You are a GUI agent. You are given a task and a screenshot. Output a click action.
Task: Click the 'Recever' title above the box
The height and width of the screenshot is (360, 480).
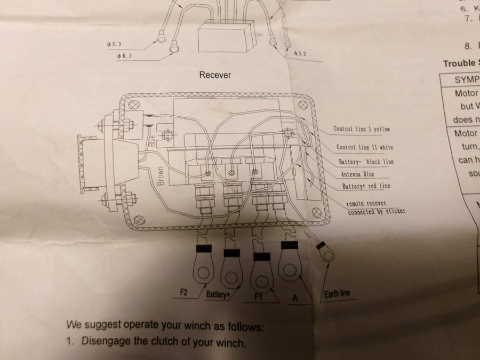click(x=215, y=75)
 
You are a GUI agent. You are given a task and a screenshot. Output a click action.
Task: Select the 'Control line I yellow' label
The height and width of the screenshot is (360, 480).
click(x=362, y=129)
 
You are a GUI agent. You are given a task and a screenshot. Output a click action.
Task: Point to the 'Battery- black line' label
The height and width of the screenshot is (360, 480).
click(x=366, y=162)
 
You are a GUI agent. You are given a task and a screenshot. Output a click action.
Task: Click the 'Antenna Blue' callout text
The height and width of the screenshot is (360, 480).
click(x=357, y=174)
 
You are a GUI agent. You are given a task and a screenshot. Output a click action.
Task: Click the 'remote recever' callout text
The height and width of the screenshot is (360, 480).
click(x=366, y=203)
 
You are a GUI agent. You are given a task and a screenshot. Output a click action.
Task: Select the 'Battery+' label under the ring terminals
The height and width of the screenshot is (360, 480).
click(x=218, y=294)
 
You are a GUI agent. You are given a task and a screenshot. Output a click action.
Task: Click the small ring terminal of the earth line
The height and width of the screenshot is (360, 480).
click(x=327, y=256)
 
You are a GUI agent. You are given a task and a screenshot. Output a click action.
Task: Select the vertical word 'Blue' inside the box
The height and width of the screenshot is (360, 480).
click(x=153, y=140)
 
